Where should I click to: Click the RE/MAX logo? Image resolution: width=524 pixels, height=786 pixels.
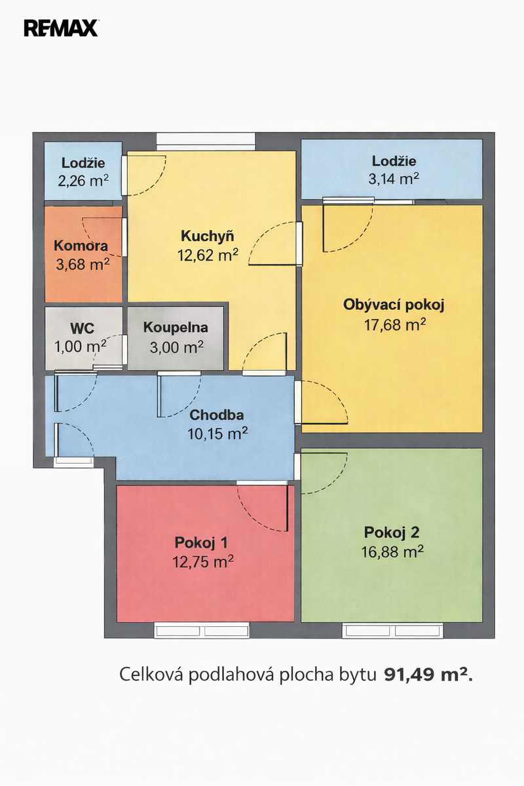(61, 28)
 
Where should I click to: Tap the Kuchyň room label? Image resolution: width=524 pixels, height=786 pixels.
(208, 236)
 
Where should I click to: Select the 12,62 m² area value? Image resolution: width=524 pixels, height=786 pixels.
(208, 255)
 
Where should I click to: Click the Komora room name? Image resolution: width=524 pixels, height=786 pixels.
(81, 246)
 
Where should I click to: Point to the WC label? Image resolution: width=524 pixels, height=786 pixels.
(82, 328)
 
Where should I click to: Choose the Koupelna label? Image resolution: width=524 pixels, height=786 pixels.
(176, 327)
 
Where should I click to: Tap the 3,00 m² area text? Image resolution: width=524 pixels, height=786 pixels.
(177, 347)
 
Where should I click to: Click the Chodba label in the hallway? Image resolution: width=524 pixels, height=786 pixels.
(217, 415)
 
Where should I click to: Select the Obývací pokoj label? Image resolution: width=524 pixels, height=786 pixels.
(394, 305)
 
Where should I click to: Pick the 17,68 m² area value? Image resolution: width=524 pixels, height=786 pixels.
(395, 325)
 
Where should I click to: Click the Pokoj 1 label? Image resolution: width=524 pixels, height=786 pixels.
(201, 542)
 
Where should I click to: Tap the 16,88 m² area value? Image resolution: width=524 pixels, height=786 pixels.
(392, 552)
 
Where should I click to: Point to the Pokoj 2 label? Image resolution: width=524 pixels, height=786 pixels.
(392, 533)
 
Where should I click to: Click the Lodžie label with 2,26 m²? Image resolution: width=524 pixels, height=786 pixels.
(83, 163)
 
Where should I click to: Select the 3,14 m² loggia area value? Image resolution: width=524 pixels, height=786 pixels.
(394, 179)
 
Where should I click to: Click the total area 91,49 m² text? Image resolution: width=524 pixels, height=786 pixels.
(428, 674)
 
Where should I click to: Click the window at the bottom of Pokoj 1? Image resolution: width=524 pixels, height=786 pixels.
(202, 631)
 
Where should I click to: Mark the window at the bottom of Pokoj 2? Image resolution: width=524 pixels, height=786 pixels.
(393, 631)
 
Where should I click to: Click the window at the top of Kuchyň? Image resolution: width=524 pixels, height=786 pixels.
(206, 141)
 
